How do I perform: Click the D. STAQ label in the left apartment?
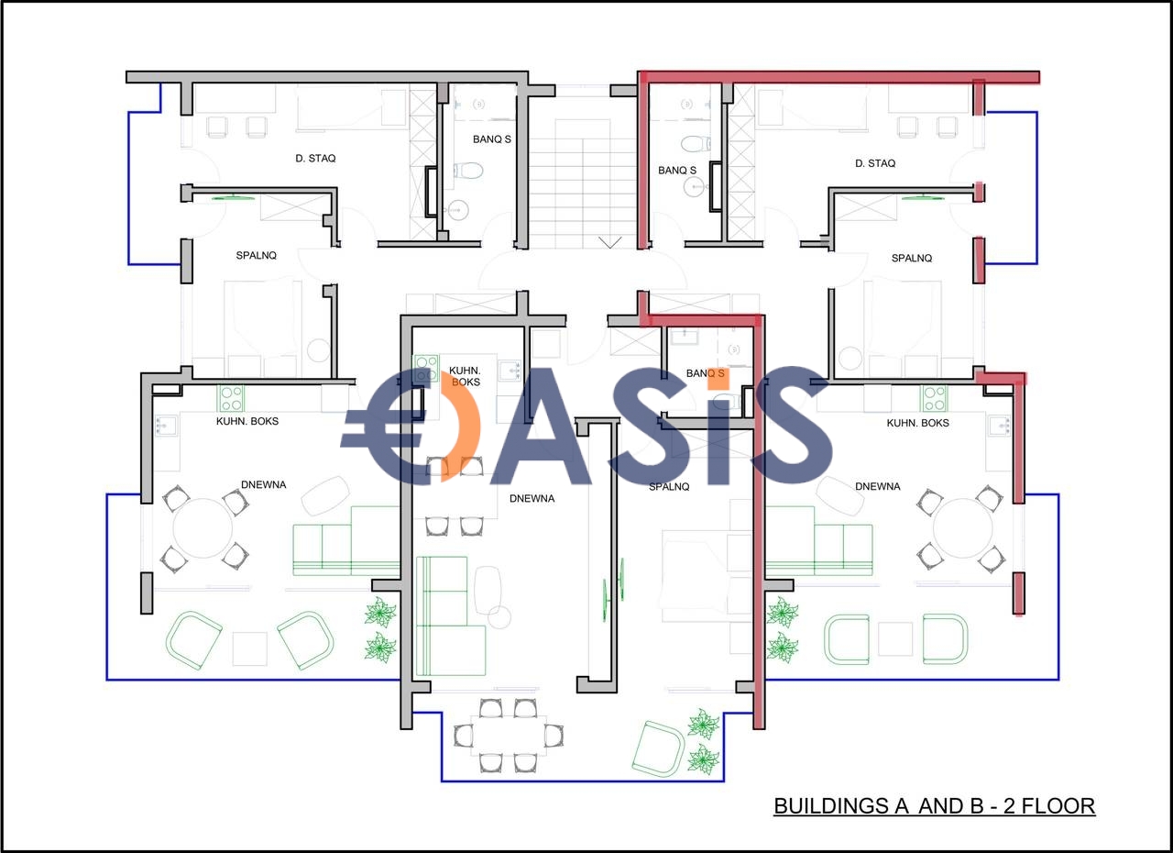pyautogui.click(x=315, y=159)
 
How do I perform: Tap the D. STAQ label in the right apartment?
pyautogui.click(x=875, y=163)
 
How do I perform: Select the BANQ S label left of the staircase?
pyautogui.click(x=492, y=139)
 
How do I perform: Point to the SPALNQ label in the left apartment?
pyautogui.click(x=256, y=256)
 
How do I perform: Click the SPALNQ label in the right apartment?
pyautogui.click(x=912, y=259)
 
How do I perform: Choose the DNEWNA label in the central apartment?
pyautogui.click(x=532, y=499)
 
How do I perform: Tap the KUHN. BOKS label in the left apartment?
pyautogui.click(x=247, y=421)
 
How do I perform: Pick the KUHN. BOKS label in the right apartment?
pyautogui.click(x=917, y=423)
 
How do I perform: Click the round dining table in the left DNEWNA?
pyautogui.click(x=203, y=528)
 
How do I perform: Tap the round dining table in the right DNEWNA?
pyautogui.click(x=962, y=528)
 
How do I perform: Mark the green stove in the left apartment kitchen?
pyautogui.click(x=230, y=399)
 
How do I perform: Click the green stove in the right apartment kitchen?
pyautogui.click(x=935, y=399)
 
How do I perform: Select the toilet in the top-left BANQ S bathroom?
pyautogui.click(x=467, y=171)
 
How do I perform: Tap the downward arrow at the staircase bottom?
pyautogui.click(x=610, y=242)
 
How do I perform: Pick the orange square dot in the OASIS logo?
pyautogui.click(x=718, y=378)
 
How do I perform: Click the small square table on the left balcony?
pyautogui.click(x=250, y=648)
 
